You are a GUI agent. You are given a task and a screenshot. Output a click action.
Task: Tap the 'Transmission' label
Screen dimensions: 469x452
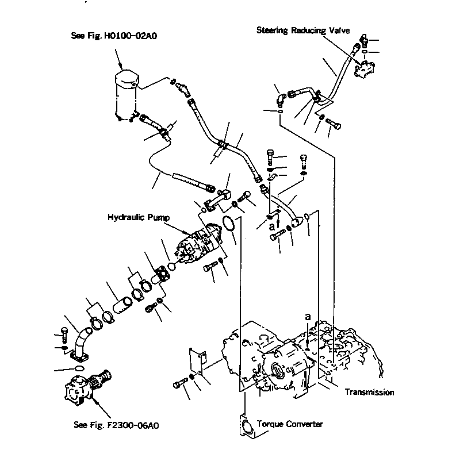(x=369, y=393)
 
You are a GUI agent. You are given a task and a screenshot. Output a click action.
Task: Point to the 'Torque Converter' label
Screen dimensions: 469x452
(x=290, y=424)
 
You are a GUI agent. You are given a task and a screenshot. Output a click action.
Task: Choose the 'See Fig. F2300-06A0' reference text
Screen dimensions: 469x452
(x=116, y=426)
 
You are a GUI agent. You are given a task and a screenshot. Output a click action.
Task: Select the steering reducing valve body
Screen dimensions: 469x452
(x=365, y=70)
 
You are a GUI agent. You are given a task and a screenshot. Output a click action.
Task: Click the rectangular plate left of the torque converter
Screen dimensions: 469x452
(x=196, y=362)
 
